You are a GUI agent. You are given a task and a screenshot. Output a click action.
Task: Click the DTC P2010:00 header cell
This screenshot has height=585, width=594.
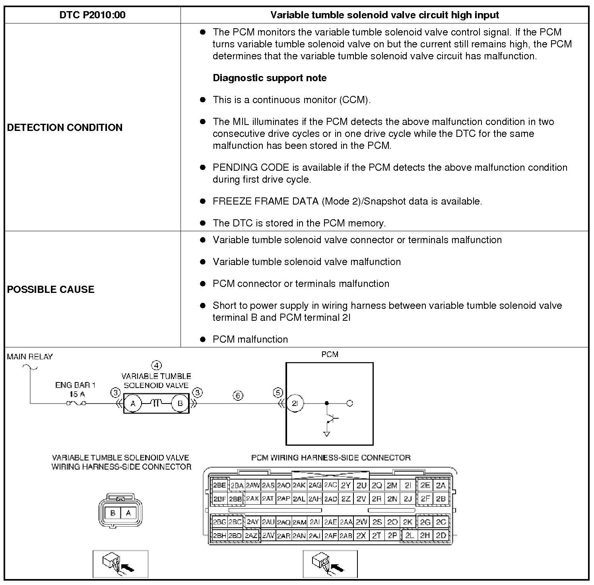coord(92,15)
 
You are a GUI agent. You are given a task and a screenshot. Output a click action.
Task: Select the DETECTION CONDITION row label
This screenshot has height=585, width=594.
coord(65,127)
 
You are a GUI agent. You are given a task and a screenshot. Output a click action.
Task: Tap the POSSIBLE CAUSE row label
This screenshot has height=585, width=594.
coord(51,289)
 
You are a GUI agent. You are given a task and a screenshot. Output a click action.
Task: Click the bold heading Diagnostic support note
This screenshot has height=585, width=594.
coord(270,78)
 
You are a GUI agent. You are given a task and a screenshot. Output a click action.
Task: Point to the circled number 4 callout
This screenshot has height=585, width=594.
coord(157,365)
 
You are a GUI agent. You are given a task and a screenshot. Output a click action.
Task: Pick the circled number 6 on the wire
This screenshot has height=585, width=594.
coord(238,396)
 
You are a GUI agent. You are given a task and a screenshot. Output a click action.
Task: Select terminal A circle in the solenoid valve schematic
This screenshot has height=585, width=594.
coord(133,404)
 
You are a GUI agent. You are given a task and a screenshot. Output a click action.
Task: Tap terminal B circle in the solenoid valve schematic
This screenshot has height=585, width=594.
coord(180,404)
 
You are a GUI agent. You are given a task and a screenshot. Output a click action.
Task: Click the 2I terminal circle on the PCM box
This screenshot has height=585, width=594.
coord(295,404)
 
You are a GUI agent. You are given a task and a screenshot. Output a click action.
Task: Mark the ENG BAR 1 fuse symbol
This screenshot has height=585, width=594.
coord(76,404)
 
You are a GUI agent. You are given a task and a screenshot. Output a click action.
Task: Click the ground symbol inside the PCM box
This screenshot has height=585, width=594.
coord(327,434)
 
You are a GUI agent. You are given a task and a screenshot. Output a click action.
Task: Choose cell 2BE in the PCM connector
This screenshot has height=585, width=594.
coord(219,486)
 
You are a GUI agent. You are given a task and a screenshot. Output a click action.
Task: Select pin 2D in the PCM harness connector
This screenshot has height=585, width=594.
coord(441,536)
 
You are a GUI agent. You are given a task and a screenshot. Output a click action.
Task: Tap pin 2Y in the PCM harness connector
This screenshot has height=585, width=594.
coord(346,486)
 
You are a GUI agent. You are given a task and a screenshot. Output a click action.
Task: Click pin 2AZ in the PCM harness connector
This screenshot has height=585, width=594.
coord(251,536)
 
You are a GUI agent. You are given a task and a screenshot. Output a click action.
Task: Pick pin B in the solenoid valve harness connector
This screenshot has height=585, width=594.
coord(113,513)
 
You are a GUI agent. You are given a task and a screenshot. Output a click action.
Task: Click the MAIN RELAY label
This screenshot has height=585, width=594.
coord(30,357)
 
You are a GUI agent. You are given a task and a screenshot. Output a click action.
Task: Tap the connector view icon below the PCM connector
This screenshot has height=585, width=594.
coord(330,564)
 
